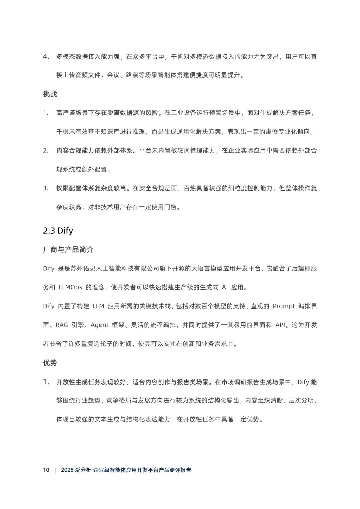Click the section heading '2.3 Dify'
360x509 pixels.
(58, 231)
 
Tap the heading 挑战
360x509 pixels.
(50, 94)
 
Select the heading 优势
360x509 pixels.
(50, 363)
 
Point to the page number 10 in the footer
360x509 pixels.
(46, 470)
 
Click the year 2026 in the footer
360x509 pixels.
(67, 470)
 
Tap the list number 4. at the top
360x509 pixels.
(46, 57)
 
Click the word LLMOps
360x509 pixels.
(70, 287)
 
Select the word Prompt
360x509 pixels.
(284, 306)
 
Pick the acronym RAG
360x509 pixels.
(62, 325)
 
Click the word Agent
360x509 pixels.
(99, 325)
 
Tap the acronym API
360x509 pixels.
(280, 325)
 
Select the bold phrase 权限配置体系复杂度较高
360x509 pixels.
(91, 188)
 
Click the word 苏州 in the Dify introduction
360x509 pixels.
(77, 268)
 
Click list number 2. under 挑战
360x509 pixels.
(46, 151)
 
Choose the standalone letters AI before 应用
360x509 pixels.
(225, 287)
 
